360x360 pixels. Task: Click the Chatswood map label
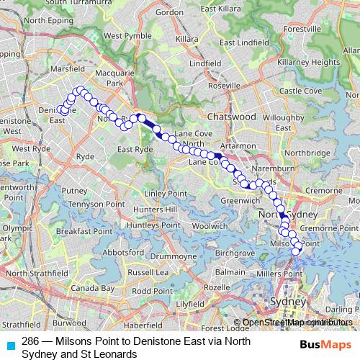(231, 116)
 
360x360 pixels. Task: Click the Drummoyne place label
(168, 256)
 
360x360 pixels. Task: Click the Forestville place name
(302, 29)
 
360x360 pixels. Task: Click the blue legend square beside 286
(9, 343)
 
